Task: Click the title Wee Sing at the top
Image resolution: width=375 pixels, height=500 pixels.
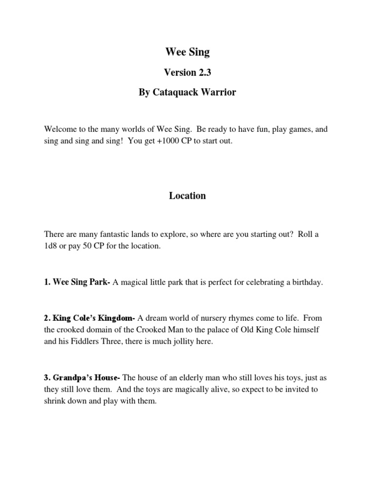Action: click(x=187, y=52)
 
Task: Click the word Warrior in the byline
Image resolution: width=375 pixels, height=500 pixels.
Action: click(x=218, y=92)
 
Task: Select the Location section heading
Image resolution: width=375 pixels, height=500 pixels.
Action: click(x=187, y=196)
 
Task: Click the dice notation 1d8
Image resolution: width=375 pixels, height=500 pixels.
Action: click(x=51, y=246)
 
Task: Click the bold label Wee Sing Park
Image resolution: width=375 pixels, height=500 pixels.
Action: click(x=81, y=283)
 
